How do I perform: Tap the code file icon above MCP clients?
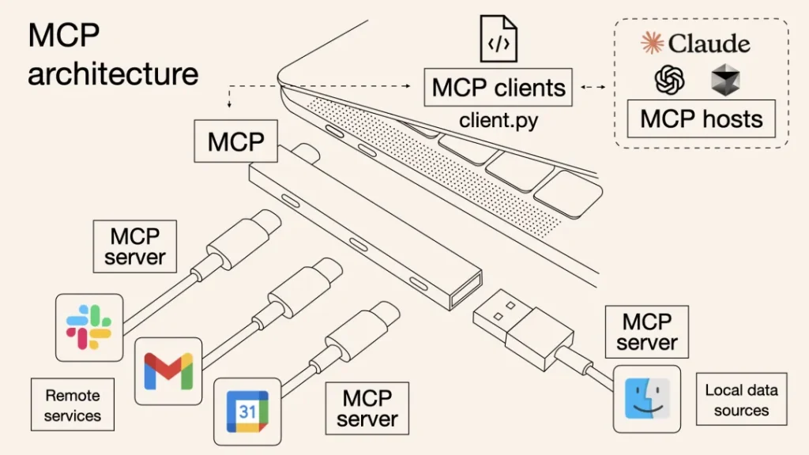499,39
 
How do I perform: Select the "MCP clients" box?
499,88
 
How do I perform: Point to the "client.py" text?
499,122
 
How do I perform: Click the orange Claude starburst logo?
653,43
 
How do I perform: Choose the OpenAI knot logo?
669,80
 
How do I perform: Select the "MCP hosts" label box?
702,119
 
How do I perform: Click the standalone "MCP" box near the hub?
235,142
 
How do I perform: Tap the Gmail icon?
168,370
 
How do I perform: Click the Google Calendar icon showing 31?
247,411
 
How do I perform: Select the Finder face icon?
647,398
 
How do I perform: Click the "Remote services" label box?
72,404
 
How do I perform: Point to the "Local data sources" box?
741,400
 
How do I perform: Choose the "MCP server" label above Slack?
134,246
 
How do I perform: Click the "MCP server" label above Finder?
647,332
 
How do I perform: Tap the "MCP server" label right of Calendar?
367,408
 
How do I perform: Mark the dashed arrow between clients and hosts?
593,87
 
